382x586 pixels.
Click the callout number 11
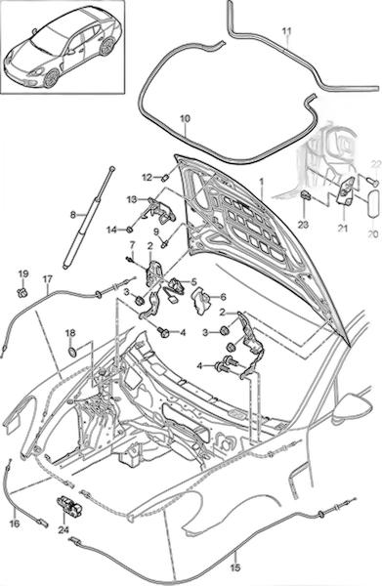(x=286, y=32)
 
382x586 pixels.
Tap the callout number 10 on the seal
(x=185, y=119)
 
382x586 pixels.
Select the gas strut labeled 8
(x=89, y=217)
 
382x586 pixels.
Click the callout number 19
(x=23, y=273)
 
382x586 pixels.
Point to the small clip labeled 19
(x=22, y=293)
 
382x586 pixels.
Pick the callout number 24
(x=64, y=529)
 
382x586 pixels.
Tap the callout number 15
(x=235, y=568)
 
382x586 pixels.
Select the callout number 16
(x=15, y=523)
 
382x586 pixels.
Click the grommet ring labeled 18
(x=71, y=352)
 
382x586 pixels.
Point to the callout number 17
(x=48, y=279)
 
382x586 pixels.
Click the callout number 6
(x=223, y=297)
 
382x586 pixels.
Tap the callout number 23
(x=304, y=225)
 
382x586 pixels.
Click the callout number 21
(x=343, y=228)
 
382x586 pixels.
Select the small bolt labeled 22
(x=372, y=181)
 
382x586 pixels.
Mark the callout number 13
(x=132, y=199)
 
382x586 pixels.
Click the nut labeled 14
(x=129, y=229)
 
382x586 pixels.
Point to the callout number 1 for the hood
(x=262, y=181)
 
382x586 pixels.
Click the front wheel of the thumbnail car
(x=51, y=78)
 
